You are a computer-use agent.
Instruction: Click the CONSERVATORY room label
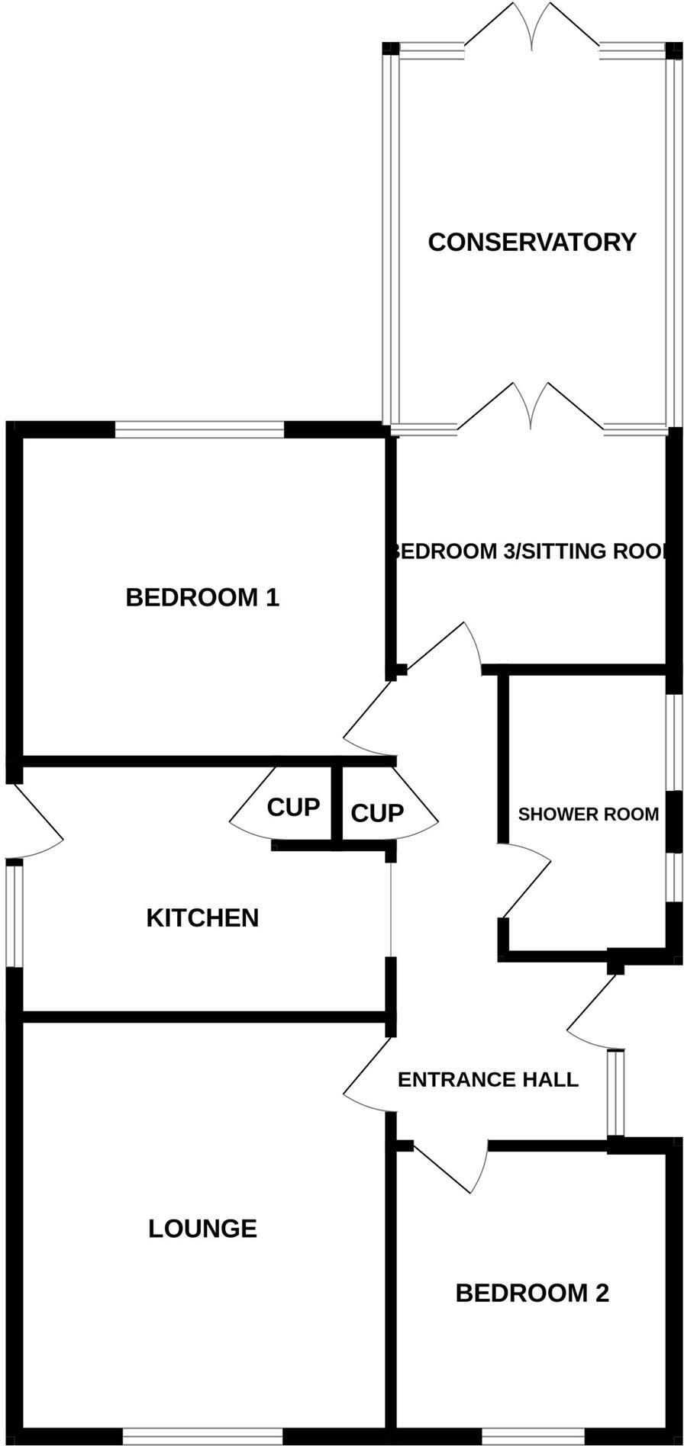click(531, 242)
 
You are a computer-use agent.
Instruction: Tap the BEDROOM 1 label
click(202, 596)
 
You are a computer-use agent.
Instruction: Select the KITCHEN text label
click(202, 917)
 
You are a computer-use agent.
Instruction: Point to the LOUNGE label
click(202, 1228)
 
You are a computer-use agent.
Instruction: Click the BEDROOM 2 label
click(532, 1293)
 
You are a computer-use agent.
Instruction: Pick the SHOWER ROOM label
click(588, 814)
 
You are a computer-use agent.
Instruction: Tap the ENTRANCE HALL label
click(488, 1079)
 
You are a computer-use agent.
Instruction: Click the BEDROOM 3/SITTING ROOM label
click(531, 551)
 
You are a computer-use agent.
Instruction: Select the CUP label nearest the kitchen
click(292, 807)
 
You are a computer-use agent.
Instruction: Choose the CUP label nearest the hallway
click(376, 813)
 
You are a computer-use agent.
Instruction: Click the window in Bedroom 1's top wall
click(199, 429)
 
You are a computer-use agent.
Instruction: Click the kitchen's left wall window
click(15, 914)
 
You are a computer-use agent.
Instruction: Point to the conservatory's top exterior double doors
click(532, 31)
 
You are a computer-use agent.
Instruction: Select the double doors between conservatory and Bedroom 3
click(532, 408)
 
